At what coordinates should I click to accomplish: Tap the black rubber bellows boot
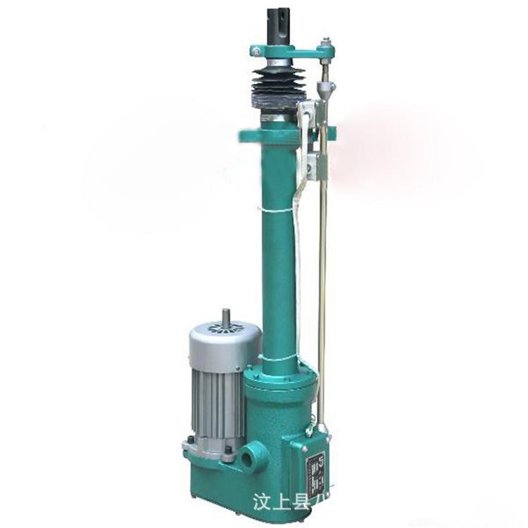coord(278,88)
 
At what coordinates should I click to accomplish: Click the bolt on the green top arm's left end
coord(258,51)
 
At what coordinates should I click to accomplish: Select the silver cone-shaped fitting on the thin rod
coord(325,88)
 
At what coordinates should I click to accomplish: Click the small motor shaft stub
coord(225,318)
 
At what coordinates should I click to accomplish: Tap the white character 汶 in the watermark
coord(261,502)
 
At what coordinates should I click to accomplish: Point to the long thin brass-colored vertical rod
coord(323,282)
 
